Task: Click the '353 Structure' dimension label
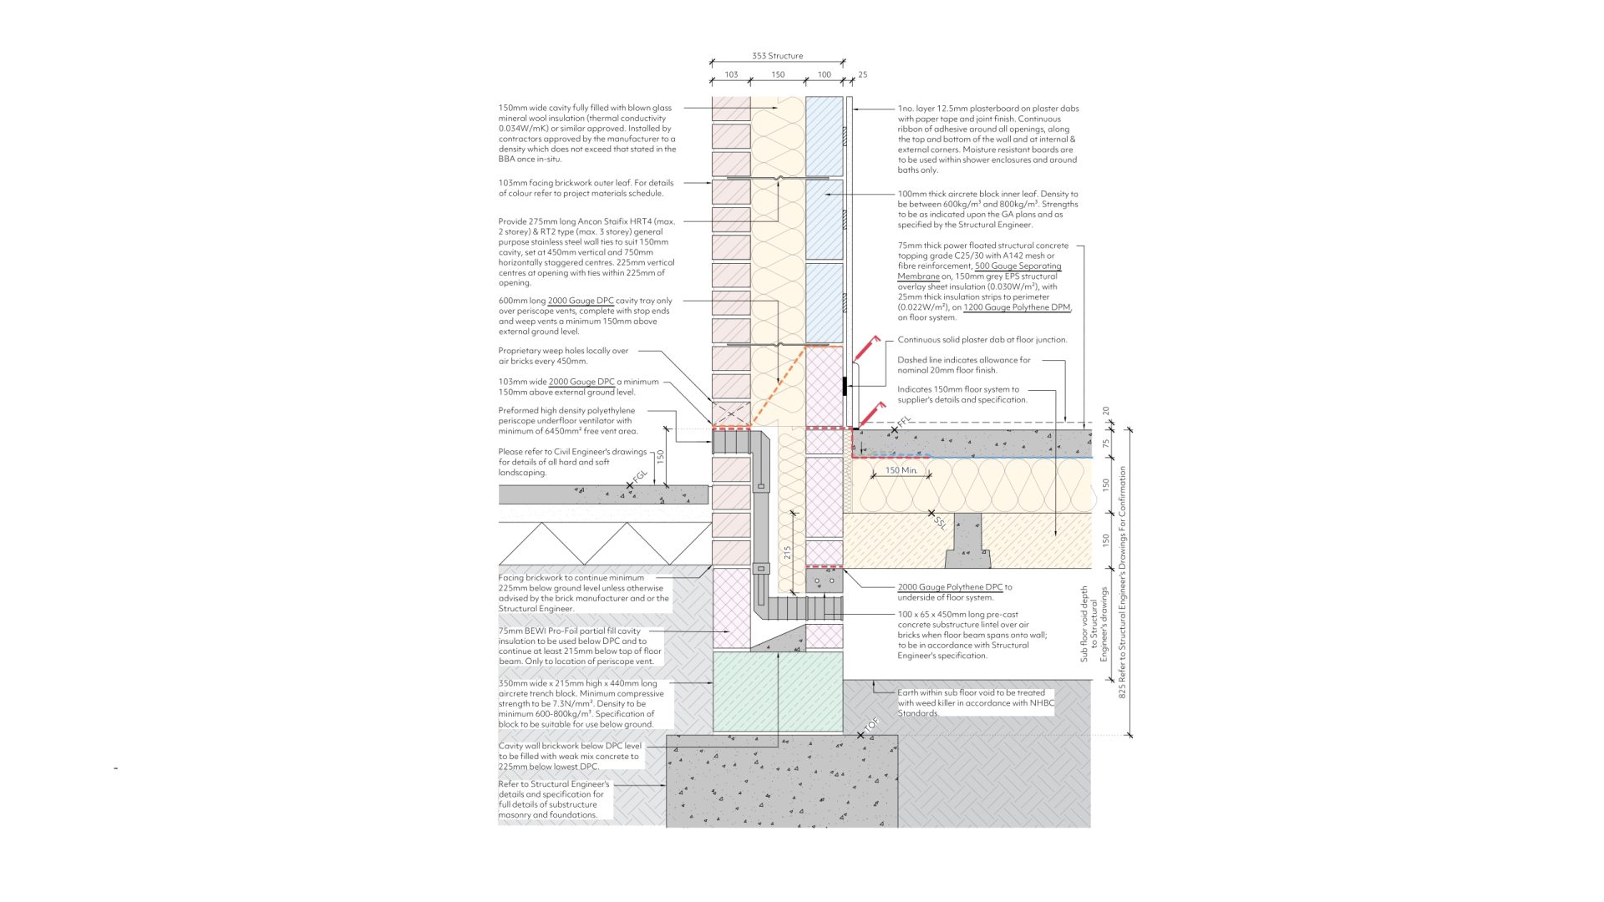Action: (x=777, y=56)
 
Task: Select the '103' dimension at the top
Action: (x=731, y=74)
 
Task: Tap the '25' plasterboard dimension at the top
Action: (x=862, y=74)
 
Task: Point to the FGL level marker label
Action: (x=640, y=478)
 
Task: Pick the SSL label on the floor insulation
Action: (x=941, y=523)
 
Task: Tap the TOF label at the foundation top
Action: (x=871, y=726)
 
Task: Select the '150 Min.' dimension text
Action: (x=901, y=470)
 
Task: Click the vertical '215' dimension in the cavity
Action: (x=787, y=552)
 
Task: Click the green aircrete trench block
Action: (x=778, y=692)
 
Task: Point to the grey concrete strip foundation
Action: (x=782, y=781)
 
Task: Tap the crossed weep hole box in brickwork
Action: (x=731, y=413)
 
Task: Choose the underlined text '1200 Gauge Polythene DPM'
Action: (x=1017, y=307)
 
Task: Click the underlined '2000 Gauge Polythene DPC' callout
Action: (x=950, y=587)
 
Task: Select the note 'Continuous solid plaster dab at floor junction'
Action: (x=982, y=340)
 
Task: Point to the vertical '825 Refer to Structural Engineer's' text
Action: (x=1123, y=582)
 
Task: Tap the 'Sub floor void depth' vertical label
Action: (x=1084, y=624)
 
